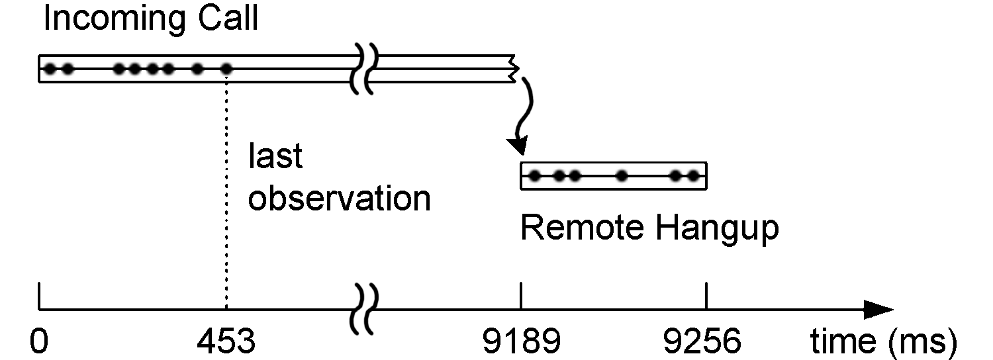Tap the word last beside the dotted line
coord(275,157)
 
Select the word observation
coord(340,198)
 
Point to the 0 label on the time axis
coord(39,341)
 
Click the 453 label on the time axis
coord(226,341)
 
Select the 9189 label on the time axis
coord(521,341)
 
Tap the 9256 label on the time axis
coord(703,341)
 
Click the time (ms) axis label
coord(883,341)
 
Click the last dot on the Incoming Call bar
coord(226,68)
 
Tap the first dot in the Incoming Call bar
coord(49,68)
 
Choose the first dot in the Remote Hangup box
coord(535,176)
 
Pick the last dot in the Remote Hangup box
coord(693,176)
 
